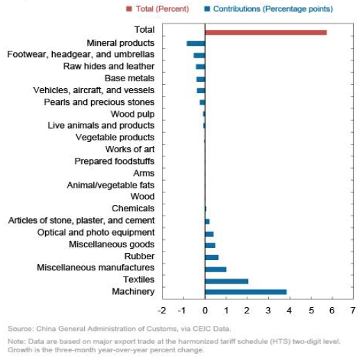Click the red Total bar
[x=265, y=33]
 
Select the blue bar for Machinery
[x=245, y=292]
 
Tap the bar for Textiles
[x=227, y=281]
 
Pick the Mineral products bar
[x=196, y=43]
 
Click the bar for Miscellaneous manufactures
[x=215, y=269]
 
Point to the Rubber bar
[x=211, y=257]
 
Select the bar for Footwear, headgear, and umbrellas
[x=199, y=56]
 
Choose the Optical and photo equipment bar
[x=209, y=234]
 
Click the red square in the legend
[x=129, y=9]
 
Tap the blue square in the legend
[x=207, y=9]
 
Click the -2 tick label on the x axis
[x=162, y=311]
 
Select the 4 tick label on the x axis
[x=289, y=311]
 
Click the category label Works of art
[x=130, y=149]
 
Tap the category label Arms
[x=144, y=173]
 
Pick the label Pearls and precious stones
[x=99, y=102]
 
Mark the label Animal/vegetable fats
[x=111, y=185]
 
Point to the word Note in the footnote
[x=15, y=341]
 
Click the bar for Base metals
[x=201, y=79]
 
